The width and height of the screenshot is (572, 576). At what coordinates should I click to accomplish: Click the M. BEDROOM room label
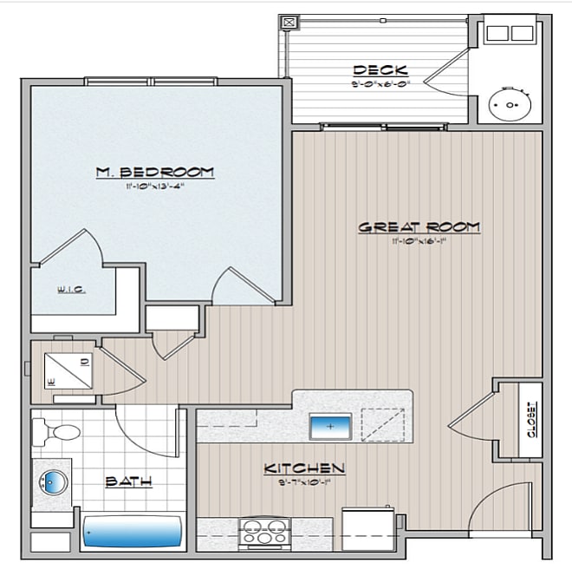[155, 172]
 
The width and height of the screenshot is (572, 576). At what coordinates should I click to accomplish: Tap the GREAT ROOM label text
[419, 227]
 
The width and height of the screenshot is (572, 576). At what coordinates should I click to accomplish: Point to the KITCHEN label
[304, 468]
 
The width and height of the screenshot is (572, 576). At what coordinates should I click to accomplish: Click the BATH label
[130, 481]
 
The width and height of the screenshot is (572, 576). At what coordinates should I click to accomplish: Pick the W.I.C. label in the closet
[71, 290]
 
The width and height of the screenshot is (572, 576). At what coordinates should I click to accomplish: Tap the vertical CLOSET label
[530, 419]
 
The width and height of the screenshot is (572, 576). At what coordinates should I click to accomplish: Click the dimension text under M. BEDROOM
[155, 185]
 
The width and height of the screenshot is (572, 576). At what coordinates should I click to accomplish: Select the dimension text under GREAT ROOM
[419, 240]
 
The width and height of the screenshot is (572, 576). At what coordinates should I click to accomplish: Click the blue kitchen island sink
[330, 426]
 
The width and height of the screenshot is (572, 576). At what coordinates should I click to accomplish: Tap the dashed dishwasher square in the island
[382, 426]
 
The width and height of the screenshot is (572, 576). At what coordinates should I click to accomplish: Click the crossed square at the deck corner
[289, 23]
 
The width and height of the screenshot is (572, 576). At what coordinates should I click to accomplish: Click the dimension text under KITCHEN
[304, 481]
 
